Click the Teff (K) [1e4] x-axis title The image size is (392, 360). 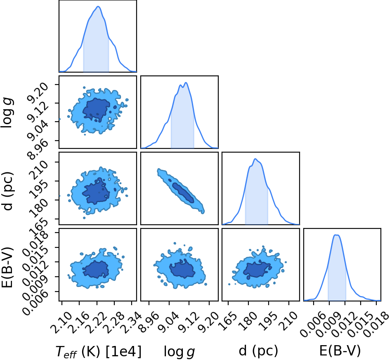click(98, 351)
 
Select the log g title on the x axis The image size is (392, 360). click(179, 351)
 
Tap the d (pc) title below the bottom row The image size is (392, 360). click(258, 351)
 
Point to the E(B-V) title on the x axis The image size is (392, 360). click(340, 351)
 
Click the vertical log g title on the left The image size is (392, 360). click(7, 113)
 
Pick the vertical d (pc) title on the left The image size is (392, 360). click(7, 191)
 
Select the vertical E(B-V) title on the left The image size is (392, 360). click(7, 267)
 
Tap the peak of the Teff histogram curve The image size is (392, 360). click(98, 7)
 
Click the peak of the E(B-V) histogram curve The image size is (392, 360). click(336, 235)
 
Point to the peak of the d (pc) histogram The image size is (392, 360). click(255, 159)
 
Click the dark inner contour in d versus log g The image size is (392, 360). click(183, 192)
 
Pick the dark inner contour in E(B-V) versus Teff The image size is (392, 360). click(95, 269)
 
